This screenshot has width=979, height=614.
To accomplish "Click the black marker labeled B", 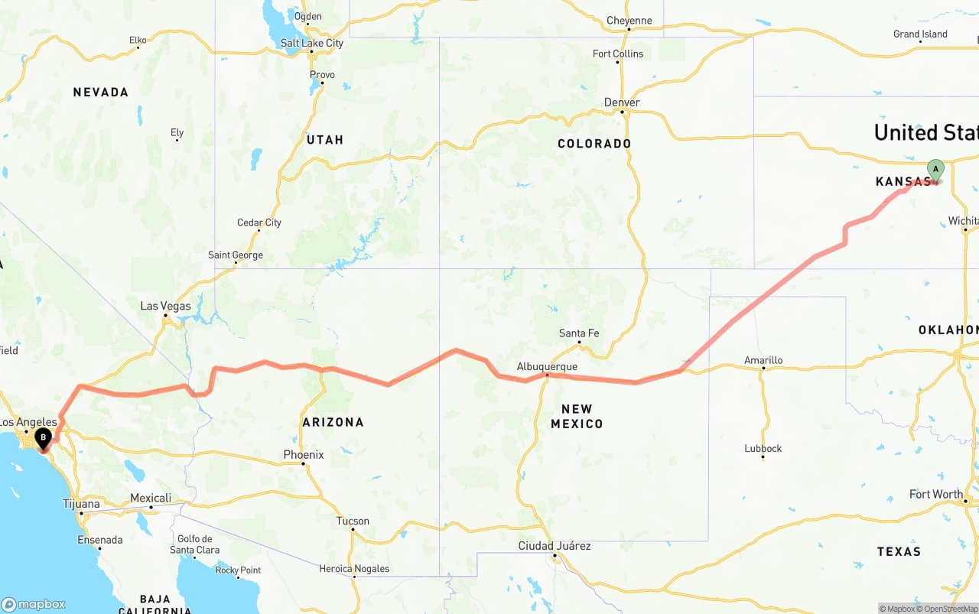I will tap(44, 438).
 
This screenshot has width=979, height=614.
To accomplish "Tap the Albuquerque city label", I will tap(547, 367).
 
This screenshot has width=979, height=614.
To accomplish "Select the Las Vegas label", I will tap(165, 306).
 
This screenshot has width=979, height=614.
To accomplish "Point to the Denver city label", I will tap(622, 102).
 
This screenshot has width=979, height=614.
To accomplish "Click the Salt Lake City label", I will tap(312, 43).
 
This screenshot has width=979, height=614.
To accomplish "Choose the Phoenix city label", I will tap(304, 454).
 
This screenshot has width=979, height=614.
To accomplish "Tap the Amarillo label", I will tap(763, 360).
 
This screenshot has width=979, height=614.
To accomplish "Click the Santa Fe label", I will tap(579, 333).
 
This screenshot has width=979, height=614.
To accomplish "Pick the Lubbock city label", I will tap(763, 448).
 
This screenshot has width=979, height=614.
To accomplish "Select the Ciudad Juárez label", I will tap(555, 546).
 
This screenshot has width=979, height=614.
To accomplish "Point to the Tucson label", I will tap(353, 521).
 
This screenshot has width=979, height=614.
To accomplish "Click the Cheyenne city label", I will tap(629, 21).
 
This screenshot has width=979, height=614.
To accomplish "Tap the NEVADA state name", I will tap(101, 93).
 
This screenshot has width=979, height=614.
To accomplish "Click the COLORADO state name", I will tap(594, 144).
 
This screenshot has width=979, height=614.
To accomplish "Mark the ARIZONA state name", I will tap(333, 422).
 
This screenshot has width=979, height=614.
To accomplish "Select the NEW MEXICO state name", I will tap(577, 416).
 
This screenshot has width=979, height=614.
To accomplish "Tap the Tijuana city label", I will tap(81, 504).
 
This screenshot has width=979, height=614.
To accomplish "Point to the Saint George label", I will tap(236, 255).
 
